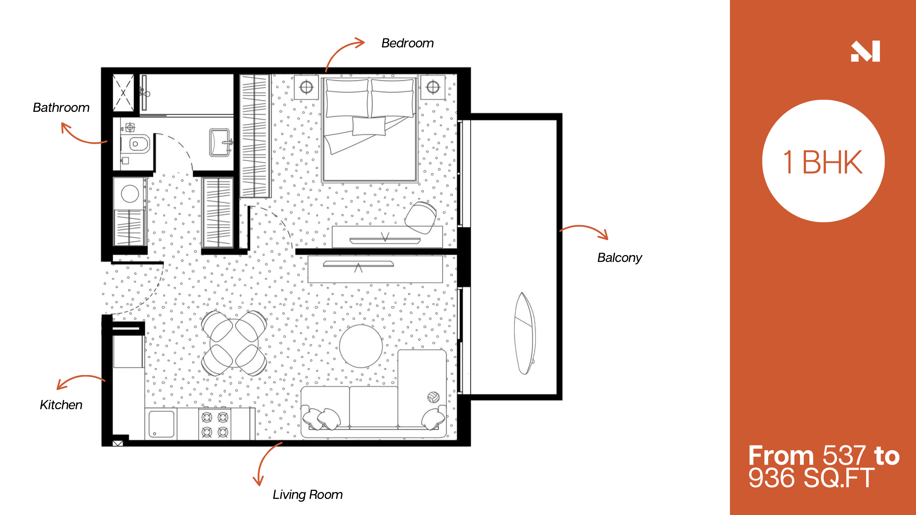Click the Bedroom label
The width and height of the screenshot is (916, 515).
407,43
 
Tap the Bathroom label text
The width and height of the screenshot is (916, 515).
61,107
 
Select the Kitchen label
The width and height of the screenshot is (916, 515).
61,404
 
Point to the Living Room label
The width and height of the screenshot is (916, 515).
308,494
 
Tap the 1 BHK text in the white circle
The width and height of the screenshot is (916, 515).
823,162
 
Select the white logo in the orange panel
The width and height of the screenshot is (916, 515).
865,51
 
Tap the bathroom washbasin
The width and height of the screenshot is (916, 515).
220,142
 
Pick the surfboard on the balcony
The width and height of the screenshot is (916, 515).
524,333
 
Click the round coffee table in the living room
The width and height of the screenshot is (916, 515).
361,346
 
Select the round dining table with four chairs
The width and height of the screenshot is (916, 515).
234,343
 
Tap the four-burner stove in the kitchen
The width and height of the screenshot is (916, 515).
215,424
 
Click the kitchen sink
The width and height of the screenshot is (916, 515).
162,424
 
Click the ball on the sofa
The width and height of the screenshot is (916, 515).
433,397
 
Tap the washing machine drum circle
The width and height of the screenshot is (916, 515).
130,194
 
